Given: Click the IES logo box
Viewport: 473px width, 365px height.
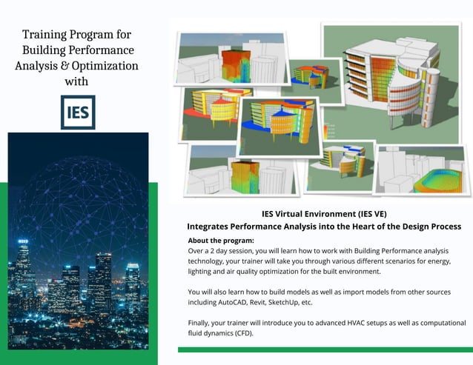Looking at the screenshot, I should pos(78,112).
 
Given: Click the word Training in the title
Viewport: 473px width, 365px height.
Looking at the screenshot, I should pos(47,35).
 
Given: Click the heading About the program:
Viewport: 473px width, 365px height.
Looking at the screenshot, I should pos(221,241).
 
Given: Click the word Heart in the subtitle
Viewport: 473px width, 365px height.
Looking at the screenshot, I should pos(345,226).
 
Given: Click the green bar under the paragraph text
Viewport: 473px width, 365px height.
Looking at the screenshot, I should pos(325,349).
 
